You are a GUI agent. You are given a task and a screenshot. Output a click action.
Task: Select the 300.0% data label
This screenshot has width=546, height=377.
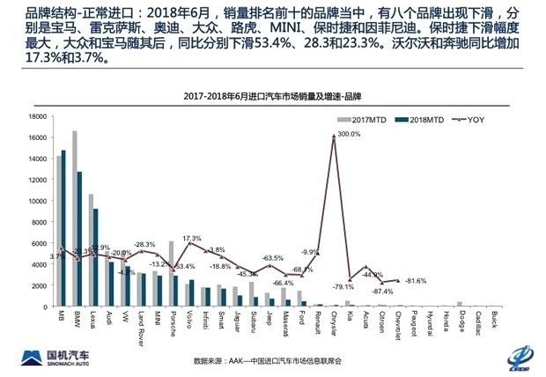pyautogui.click(x=350, y=134)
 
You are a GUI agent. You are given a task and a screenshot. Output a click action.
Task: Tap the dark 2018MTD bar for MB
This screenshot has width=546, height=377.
pyautogui.click(x=63, y=229)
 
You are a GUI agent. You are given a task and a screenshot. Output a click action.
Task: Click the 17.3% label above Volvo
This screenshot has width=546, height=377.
pyautogui.click(x=192, y=239)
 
